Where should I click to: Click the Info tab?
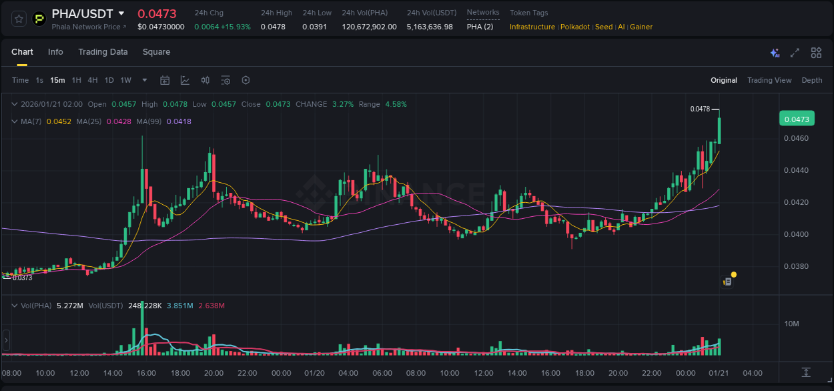pyautogui.click(x=55, y=52)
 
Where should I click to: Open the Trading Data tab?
pyautogui.click(x=103, y=52)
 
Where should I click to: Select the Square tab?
pyautogui.click(x=156, y=52)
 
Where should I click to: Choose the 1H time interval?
pyautogui.click(x=76, y=80)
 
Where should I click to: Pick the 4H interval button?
pyautogui.click(x=93, y=80)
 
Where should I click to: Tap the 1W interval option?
pyautogui.click(x=125, y=80)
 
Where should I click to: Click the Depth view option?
pyautogui.click(x=811, y=80)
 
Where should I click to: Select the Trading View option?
pyautogui.click(x=769, y=80)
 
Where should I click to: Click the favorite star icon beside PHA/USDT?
pyautogui.click(x=19, y=19)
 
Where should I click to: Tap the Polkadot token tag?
pyautogui.click(x=575, y=27)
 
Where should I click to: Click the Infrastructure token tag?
pyautogui.click(x=532, y=27)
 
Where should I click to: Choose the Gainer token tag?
pyautogui.click(x=641, y=27)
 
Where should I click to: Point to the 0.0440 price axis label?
pyautogui.click(x=797, y=170)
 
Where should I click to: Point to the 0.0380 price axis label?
pyautogui.click(x=797, y=266)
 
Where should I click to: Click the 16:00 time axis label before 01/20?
pyautogui.click(x=146, y=372)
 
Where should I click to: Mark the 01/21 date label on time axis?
pyautogui.click(x=719, y=372)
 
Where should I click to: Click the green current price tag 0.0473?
pyautogui.click(x=796, y=119)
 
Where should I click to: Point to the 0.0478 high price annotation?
pyautogui.click(x=700, y=109)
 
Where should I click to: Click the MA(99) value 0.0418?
pyautogui.click(x=179, y=121)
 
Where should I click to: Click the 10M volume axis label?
pyautogui.click(x=792, y=324)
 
